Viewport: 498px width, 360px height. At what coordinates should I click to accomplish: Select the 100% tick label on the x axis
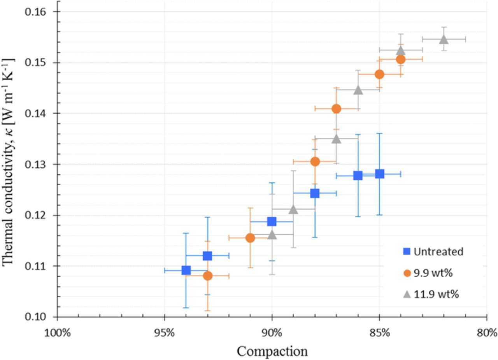tap(57, 333)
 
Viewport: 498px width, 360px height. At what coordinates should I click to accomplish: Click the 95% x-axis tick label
tap(164, 333)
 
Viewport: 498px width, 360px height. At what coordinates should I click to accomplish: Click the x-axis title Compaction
tap(272, 351)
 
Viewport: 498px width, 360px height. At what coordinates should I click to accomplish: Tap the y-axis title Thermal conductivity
tap(9, 162)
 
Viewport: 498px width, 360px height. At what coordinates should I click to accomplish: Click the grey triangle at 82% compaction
tap(444, 39)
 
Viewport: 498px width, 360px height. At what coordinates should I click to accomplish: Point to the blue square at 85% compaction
tap(379, 174)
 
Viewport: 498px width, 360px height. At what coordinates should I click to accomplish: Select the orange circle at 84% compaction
tap(401, 59)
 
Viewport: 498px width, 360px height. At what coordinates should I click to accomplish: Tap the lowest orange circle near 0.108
tap(207, 276)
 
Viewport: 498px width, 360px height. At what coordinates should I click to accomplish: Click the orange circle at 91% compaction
tap(250, 238)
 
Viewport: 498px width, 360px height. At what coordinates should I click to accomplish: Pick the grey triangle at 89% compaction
tap(293, 209)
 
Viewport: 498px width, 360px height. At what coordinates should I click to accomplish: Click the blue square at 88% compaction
tap(315, 193)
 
